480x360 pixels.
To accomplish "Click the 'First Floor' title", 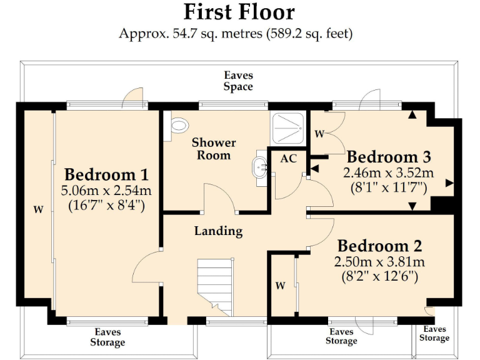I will [239, 12].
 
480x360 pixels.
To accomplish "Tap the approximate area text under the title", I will [236, 33].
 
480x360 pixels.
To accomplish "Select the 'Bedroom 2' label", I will [380, 246].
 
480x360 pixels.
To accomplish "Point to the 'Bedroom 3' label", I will [389, 156].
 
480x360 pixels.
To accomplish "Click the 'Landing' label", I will [218, 231].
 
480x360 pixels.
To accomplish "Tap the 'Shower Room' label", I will [214, 148].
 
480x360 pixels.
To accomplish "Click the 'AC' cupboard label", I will [288, 159].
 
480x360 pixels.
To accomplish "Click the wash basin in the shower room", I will [260, 168].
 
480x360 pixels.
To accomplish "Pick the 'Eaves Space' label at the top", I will [239, 81].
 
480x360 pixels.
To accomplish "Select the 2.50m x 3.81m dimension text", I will [380, 261].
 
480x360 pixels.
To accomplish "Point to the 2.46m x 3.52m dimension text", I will [389, 172].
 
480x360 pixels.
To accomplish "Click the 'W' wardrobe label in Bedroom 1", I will [38, 210].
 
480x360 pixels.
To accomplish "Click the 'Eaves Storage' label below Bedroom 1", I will [107, 337].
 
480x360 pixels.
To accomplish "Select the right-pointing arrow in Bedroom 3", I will [449, 183].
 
